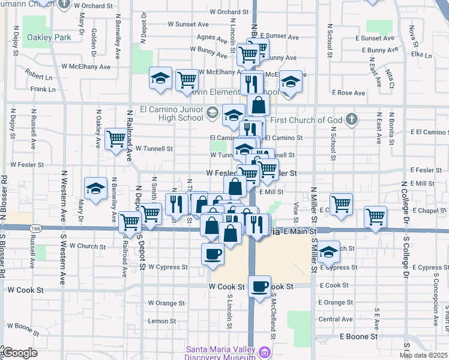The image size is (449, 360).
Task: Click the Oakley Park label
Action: pos(49,37)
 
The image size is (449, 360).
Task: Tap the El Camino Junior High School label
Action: pos(171,113)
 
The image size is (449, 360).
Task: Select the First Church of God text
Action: pos(306,120)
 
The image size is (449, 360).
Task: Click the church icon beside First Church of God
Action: pos(352,119)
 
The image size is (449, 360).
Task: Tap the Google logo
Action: pos(20,353)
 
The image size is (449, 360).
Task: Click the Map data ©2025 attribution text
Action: pos(423,355)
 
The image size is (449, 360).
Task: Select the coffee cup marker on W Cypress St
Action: pos(212,254)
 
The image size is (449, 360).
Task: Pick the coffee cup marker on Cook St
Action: pos(259,286)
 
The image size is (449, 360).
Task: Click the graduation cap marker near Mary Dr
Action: pos(95,189)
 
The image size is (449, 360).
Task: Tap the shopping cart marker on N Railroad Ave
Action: pos(116,139)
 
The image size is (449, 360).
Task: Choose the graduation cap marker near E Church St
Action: pos(328,252)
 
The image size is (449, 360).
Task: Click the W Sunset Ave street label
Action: pos(188,24)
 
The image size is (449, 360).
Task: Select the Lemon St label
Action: pos(162,321)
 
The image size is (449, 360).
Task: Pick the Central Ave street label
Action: pos(336,319)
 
